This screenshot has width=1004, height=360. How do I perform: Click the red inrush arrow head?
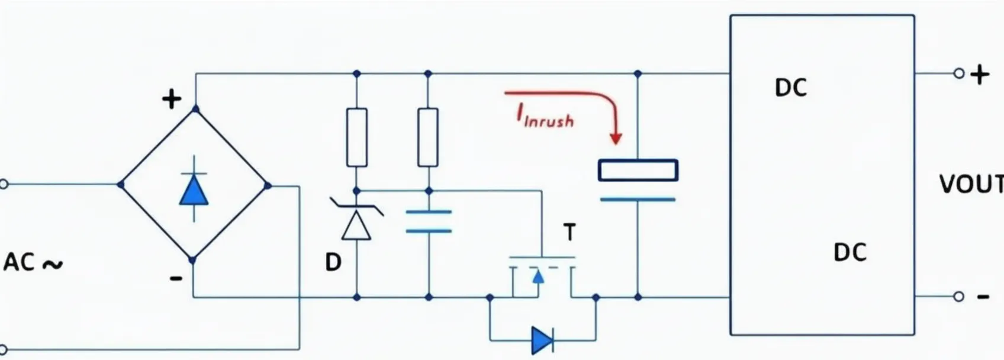point(616,138)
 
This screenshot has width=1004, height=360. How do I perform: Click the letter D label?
point(333,262)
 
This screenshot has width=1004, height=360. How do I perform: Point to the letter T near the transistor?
point(569,233)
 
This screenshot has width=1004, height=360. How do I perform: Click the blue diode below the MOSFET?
point(542,340)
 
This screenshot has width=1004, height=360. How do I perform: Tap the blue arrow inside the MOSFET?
point(538,276)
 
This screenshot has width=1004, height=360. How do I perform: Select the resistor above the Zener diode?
point(356,137)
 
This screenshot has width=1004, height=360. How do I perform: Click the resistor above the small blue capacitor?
point(428,137)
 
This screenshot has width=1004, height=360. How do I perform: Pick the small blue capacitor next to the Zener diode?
point(429,221)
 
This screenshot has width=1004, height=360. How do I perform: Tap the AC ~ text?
point(33,262)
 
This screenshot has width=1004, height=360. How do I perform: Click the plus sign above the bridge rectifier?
point(172,99)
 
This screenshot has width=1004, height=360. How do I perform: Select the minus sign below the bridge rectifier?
point(176,278)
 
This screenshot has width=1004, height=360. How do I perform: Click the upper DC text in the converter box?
point(790,88)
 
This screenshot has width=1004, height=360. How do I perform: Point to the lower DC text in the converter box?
point(849,253)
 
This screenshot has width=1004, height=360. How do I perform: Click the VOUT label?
point(971,185)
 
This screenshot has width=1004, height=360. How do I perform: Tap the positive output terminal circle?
point(958,73)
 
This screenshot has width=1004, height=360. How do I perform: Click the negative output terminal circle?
point(958,297)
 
